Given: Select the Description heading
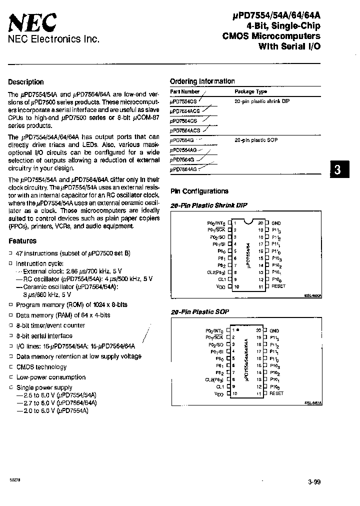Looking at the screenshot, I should tap(26, 82).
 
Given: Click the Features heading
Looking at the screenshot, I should tap(22, 241).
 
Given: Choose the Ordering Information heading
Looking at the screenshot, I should tap(202, 81).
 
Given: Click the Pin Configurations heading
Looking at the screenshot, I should tap(199, 191).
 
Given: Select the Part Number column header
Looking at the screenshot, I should tap(184, 91).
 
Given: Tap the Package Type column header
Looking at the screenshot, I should tap(250, 91).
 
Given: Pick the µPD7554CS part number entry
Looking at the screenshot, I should tap(183, 101).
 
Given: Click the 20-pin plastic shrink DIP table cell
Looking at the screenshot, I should tap(262, 101).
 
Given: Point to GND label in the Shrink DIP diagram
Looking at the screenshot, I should tap(276, 223).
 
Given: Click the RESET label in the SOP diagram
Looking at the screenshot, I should tap(276, 393).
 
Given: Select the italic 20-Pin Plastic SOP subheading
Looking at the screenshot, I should tap(199, 311).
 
